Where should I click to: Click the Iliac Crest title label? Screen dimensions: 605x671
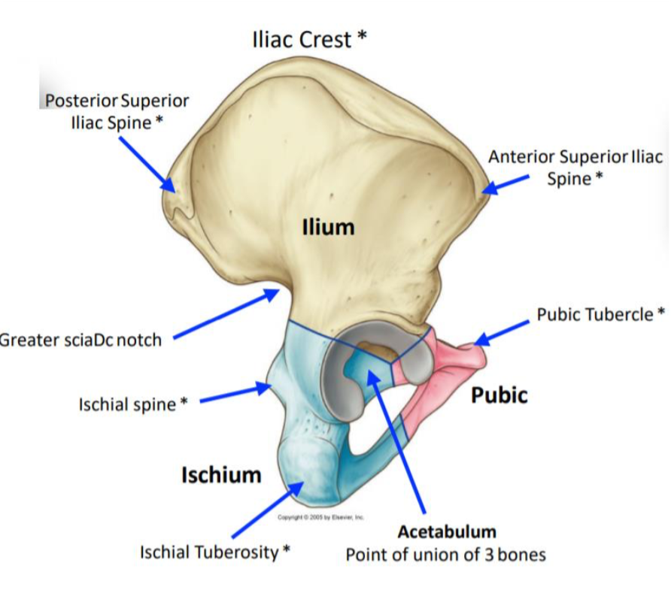[x=309, y=39]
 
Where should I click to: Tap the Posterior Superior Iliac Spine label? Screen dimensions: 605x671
[x=117, y=111]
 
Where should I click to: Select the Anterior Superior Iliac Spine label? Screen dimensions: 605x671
[x=575, y=168]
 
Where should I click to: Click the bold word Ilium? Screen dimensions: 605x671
[x=328, y=227]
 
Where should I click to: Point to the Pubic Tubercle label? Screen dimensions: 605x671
[x=600, y=314]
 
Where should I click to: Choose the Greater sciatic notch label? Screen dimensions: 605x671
[x=80, y=340]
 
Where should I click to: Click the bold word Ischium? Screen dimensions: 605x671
[x=221, y=474]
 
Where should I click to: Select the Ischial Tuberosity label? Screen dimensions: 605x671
[x=215, y=552]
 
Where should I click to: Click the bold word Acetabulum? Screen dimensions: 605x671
[x=447, y=532]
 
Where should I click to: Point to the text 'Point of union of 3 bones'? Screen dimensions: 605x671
[x=445, y=555]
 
